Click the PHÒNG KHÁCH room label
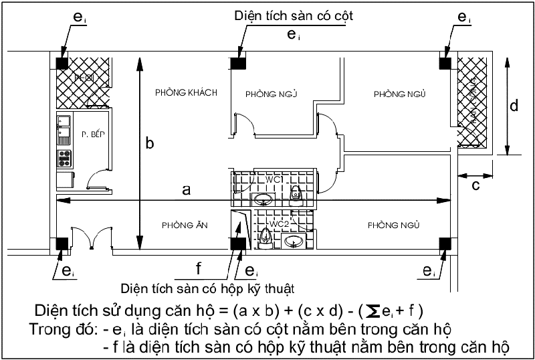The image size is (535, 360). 185,92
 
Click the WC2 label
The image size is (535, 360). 280,222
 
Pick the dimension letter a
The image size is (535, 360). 186,191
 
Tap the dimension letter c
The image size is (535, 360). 475,185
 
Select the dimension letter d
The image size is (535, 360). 512,106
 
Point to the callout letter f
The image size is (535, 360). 199,270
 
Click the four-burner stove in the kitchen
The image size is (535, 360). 65,159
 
